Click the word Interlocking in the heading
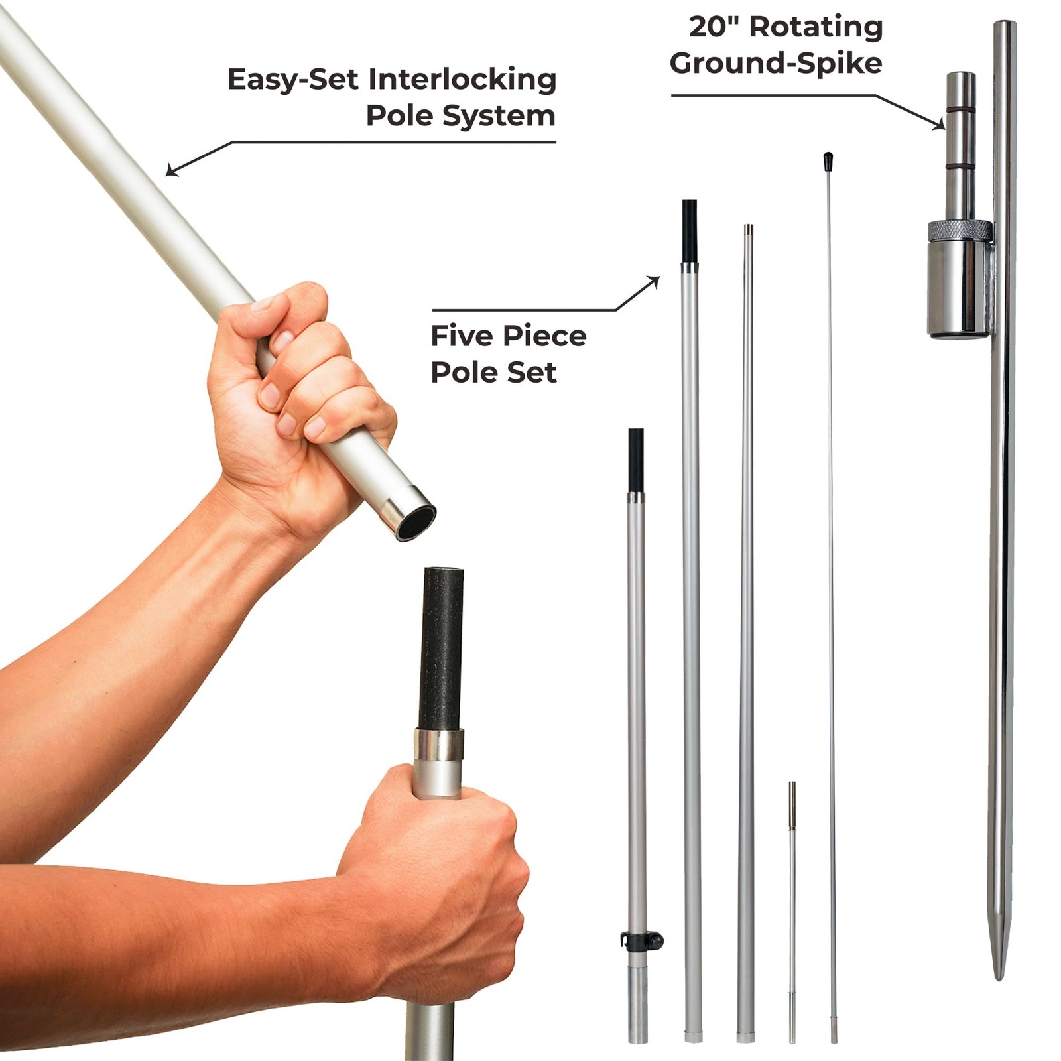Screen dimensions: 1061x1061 pos(462,80)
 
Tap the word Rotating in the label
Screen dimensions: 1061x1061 pos(816,28)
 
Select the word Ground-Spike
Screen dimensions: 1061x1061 pos(776,64)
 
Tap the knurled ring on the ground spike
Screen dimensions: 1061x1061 pos(960,231)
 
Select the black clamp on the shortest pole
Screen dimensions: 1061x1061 pos(641,940)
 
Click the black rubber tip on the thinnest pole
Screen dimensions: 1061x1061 pos(828,160)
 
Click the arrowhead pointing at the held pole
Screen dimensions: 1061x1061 pos(172,170)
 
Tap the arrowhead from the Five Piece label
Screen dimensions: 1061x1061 pos(653,282)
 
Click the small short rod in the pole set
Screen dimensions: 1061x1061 pos(792,912)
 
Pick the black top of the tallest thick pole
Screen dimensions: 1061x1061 pos(690,230)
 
